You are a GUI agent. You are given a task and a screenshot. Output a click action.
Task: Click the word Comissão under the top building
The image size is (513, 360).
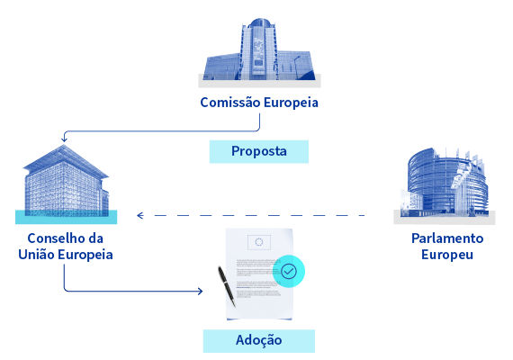click(230, 103)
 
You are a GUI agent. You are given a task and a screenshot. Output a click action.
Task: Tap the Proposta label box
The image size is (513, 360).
click(259, 151)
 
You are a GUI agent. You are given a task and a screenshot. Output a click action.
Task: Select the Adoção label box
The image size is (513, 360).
click(259, 341)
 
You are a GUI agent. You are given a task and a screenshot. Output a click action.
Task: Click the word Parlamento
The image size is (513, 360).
click(447, 238)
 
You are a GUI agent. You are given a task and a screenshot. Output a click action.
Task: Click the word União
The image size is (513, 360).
click(36, 255)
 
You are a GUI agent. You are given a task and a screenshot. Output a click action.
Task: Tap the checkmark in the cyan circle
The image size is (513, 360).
click(289, 271)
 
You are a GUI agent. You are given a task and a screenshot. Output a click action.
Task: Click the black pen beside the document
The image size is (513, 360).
click(227, 286)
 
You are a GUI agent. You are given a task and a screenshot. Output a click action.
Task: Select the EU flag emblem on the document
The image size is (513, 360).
click(259, 242)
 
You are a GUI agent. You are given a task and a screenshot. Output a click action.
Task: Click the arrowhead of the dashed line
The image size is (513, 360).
click(140, 215)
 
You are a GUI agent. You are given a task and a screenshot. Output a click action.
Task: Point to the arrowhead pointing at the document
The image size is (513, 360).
click(200, 291)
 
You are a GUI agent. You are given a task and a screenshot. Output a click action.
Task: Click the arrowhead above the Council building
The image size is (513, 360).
click(64, 139)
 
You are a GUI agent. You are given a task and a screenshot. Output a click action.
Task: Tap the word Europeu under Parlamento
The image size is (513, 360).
click(447, 255)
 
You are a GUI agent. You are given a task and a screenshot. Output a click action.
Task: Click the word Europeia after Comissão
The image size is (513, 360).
click(291, 103)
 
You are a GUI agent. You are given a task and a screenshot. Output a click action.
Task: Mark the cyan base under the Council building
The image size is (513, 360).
click(66, 217)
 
